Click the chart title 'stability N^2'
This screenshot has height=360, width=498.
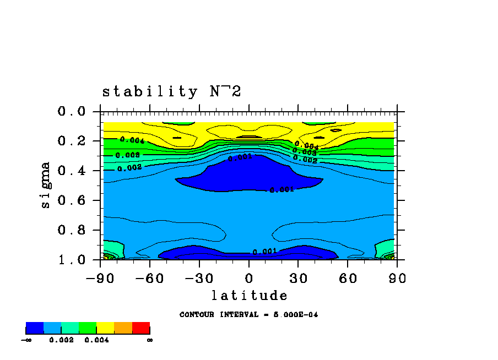click(171, 91)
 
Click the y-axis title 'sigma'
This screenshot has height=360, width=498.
click(45, 185)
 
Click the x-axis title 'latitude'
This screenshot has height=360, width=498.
click(249, 296)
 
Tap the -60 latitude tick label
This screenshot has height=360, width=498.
click(150, 278)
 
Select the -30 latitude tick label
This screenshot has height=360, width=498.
click(199, 278)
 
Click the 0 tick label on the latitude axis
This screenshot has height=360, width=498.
click(249, 278)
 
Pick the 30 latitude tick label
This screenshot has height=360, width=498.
click(298, 278)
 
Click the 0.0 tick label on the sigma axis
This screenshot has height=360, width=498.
click(72, 112)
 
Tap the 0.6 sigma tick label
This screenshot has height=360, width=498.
click(72, 200)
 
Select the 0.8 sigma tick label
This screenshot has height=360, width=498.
click(72, 230)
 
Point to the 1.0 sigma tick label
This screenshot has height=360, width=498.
click(72, 260)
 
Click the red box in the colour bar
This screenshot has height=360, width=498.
click(141, 328)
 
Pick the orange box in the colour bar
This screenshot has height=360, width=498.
click(123, 328)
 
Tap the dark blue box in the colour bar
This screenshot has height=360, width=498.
click(35, 328)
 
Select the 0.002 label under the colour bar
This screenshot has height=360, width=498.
click(61, 340)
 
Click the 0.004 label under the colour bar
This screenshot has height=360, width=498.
click(96, 340)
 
